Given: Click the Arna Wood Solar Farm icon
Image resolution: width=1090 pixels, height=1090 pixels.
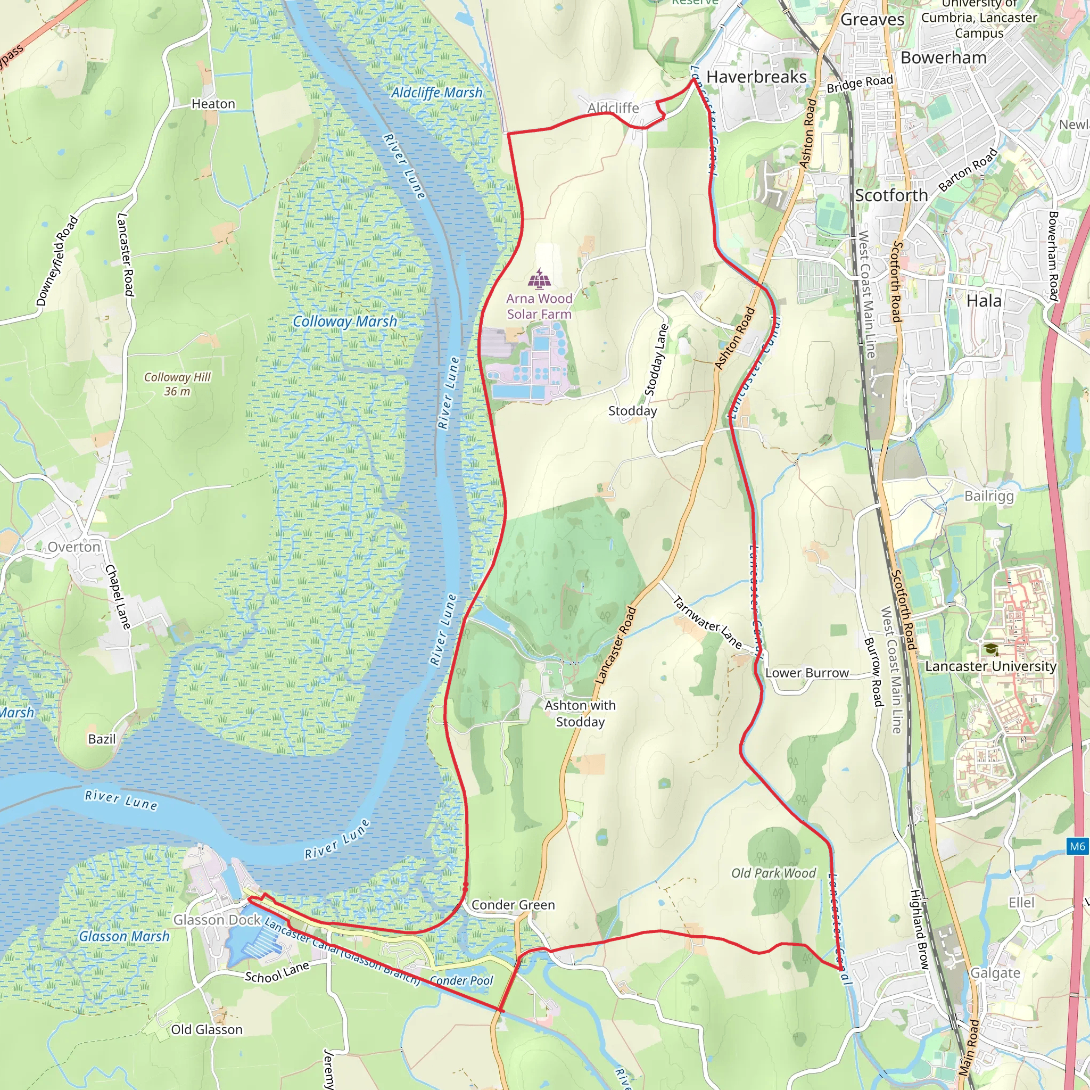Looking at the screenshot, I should [540, 279].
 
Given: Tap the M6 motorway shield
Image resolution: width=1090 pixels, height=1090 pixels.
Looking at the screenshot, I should [1077, 846].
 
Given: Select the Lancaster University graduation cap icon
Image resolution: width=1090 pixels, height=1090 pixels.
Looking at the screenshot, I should [991, 649].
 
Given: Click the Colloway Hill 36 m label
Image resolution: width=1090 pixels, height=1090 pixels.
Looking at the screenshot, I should [177, 384].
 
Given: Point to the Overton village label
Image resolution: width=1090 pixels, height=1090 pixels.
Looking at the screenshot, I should [74, 547].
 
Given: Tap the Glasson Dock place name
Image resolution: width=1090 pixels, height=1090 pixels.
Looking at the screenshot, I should [217, 920].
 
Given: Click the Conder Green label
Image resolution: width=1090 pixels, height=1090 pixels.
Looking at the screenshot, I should [513, 905].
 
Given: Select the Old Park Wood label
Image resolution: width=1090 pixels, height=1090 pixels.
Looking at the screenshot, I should [773, 873].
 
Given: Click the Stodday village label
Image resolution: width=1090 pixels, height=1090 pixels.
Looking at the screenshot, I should [632, 411].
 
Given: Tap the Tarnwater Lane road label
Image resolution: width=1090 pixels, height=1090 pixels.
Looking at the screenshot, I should [707, 622].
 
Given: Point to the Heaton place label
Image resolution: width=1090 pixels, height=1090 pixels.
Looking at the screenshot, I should [213, 104].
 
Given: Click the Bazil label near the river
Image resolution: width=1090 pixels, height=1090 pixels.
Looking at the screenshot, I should [102, 739].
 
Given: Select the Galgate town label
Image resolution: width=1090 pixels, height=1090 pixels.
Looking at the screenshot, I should [995, 973].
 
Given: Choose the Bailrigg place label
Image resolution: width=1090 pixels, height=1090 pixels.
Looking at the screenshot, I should [989, 496].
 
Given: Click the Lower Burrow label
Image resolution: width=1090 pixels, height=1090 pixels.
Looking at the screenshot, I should [807, 673].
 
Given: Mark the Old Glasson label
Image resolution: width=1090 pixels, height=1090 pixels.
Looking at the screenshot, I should [207, 1030].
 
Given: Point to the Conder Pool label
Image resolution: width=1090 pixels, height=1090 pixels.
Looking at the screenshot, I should [461, 980].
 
